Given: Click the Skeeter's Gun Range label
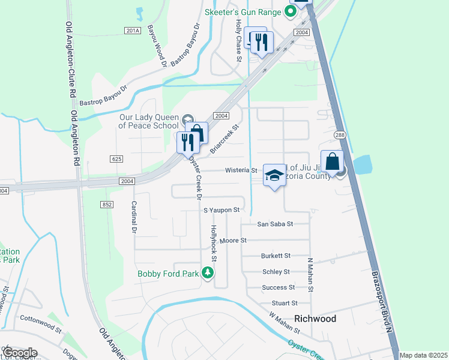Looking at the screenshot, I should (x=243, y=11).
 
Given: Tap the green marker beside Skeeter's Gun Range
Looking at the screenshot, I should (x=291, y=11).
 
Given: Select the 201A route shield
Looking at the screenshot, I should (x=133, y=31).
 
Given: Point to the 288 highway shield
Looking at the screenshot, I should (x=340, y=136).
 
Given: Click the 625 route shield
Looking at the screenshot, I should (x=116, y=158).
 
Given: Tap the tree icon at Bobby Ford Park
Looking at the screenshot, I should (x=208, y=274).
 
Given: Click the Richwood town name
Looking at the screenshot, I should (x=315, y=319).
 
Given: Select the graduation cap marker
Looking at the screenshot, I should (x=274, y=175).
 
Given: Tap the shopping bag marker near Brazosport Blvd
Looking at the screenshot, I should (x=332, y=161).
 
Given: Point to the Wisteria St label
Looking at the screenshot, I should (x=241, y=170).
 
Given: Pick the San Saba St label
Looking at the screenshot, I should (x=274, y=224).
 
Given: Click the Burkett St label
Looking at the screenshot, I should (x=276, y=256).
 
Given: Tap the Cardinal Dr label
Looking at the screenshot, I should (x=134, y=216).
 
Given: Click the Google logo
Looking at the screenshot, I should (x=19, y=353).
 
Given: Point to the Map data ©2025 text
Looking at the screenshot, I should (x=423, y=355).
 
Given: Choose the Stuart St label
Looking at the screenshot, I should (x=284, y=303).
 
